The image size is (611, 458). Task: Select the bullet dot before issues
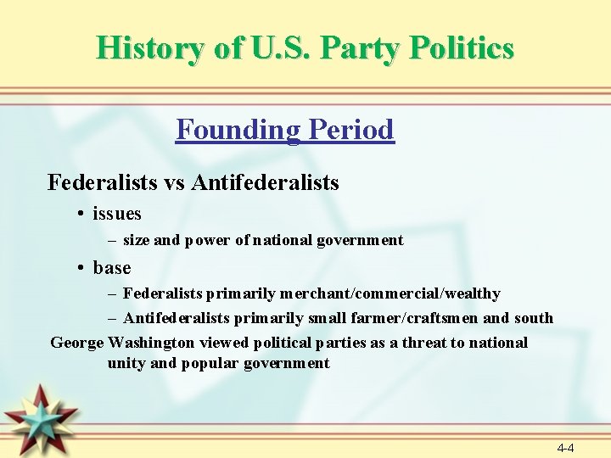point(79,214)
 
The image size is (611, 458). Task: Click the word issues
point(117,214)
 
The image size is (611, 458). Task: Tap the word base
point(112,268)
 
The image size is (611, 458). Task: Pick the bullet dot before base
point(79,268)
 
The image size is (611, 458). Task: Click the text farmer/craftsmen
point(422,318)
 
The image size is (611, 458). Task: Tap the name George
point(77,343)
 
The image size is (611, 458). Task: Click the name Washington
point(151,343)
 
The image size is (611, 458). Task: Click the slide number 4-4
point(565,447)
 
